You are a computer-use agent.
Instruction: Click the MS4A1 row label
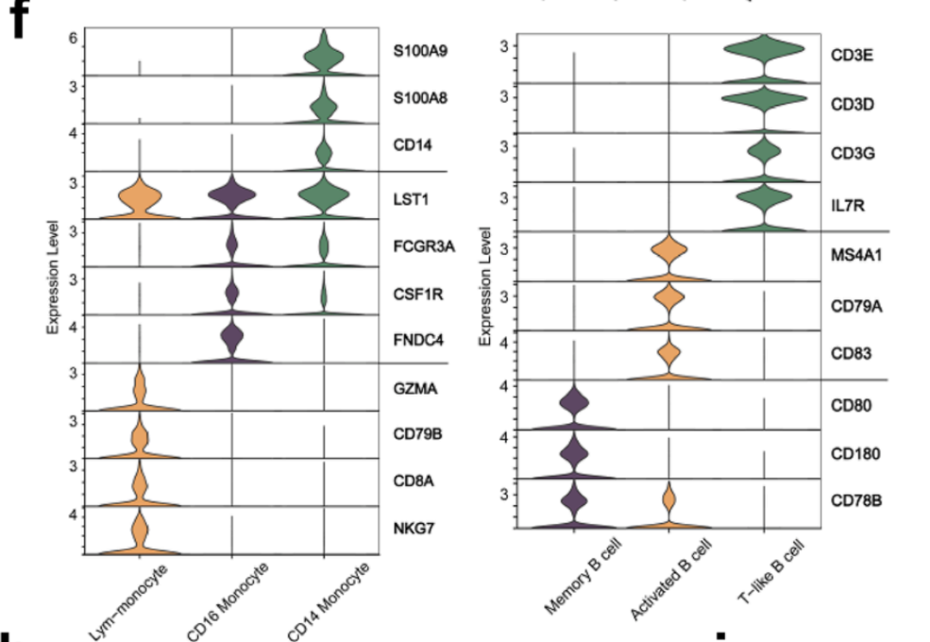(x=853, y=257)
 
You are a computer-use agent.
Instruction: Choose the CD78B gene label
(x=851, y=499)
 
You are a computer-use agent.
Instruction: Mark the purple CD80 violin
(x=573, y=407)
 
